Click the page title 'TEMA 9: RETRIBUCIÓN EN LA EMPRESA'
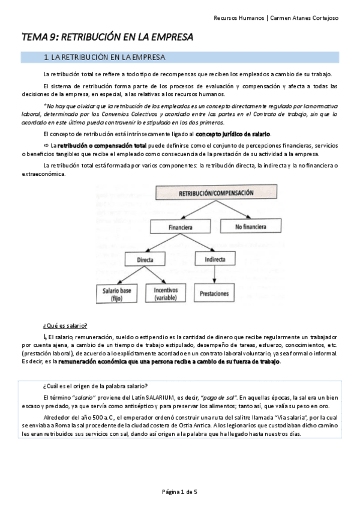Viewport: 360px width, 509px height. pyautogui.click(x=107, y=37)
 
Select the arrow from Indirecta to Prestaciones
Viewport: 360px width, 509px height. pyautogui.click(x=214, y=276)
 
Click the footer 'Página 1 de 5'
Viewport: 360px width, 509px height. pyautogui.click(x=179, y=492)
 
